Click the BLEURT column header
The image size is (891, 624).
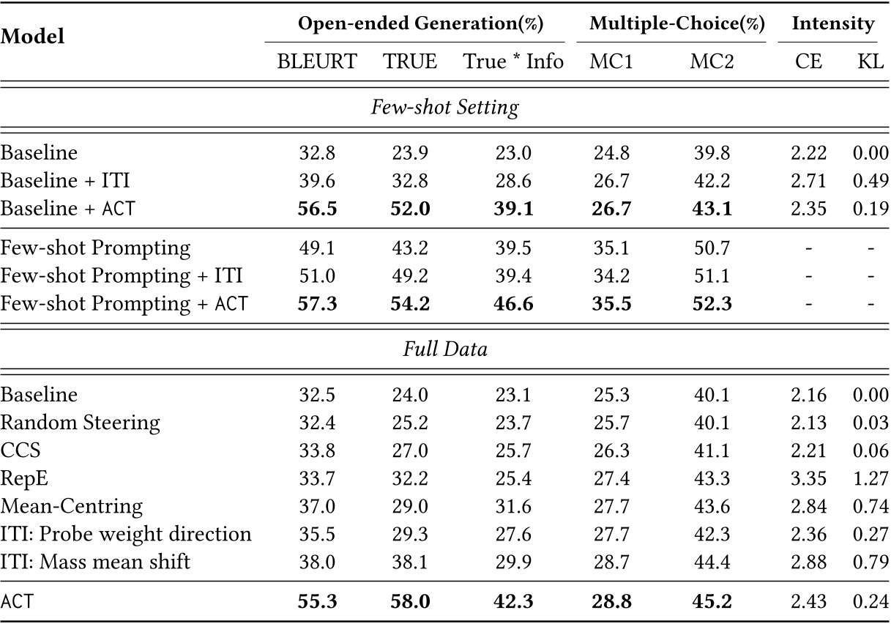pyautogui.click(x=317, y=62)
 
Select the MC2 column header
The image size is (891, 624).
pyautogui.click(x=711, y=62)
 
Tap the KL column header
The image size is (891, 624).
pyautogui.click(x=871, y=62)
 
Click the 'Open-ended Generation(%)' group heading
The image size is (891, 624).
pyautogui.click(x=420, y=23)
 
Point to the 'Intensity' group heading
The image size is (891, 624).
pyautogui.click(x=833, y=23)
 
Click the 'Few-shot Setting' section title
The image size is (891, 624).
pyautogui.click(x=444, y=108)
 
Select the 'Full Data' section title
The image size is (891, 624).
pyautogui.click(x=444, y=349)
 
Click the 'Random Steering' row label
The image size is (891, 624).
pyautogui.click(x=80, y=423)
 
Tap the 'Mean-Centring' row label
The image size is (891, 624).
pyautogui.click(x=72, y=506)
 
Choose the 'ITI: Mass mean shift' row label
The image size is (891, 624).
pyautogui.click(x=96, y=562)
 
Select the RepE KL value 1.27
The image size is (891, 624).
pyautogui.click(x=871, y=478)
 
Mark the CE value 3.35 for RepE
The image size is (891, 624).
pyautogui.click(x=809, y=478)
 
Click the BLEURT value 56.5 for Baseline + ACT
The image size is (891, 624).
pyautogui.click(x=317, y=209)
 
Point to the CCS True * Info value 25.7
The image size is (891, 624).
pyautogui.click(x=513, y=450)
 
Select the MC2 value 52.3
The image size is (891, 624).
pyautogui.click(x=711, y=303)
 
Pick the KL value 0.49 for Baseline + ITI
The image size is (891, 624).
pyautogui.click(x=871, y=181)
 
